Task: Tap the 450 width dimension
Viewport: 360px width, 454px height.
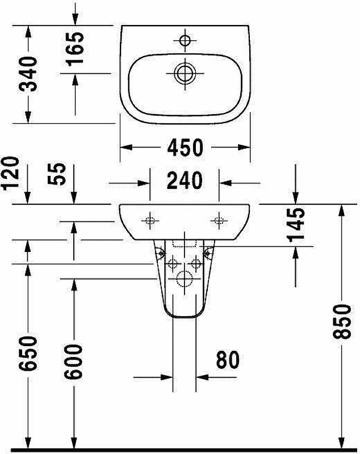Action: point(185,148)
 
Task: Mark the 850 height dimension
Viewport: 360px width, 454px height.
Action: point(342,322)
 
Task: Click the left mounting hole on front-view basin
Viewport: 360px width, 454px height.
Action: point(150,221)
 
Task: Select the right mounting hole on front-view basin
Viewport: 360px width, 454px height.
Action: point(219,221)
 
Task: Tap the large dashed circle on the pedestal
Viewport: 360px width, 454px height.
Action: point(185,279)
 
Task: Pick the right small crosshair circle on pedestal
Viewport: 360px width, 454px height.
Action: point(196,263)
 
